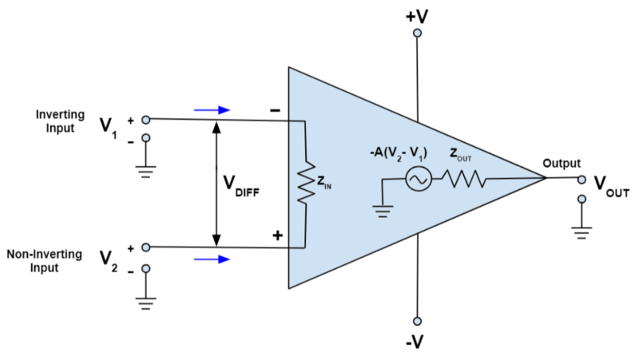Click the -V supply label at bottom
pos(416,342)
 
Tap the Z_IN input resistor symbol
pos(306,184)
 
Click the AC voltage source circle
pos(417,180)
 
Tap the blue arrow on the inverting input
pos(212,109)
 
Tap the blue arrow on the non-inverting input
pos(212,259)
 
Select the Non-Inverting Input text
pos(45,260)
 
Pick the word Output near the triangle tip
pos(562,163)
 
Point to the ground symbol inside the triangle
pos(383,212)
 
